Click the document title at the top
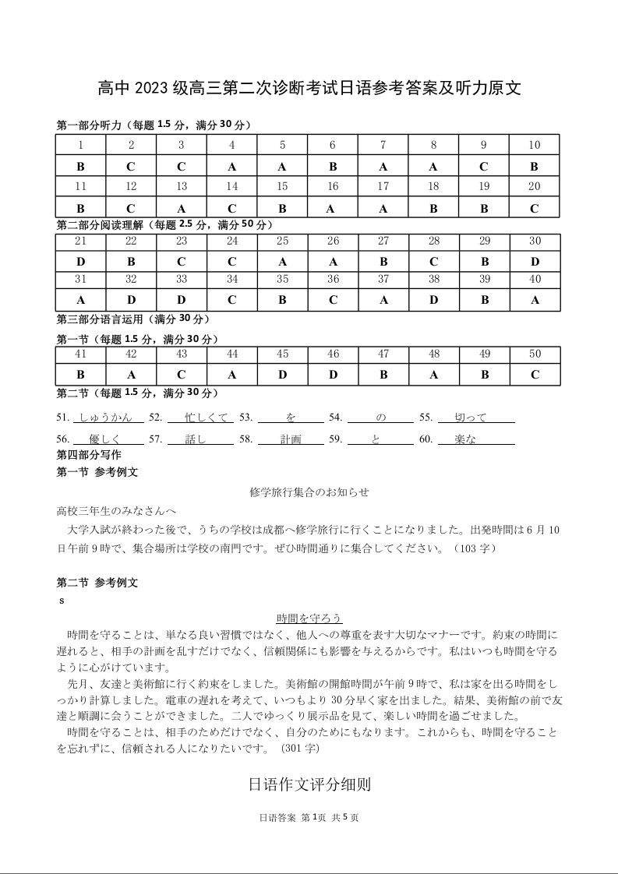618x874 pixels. pyautogui.click(x=309, y=89)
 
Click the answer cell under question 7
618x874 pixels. pyautogui.click(x=383, y=166)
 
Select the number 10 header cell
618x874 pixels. pyautogui.click(x=534, y=145)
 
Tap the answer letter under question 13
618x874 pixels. pyautogui.click(x=182, y=208)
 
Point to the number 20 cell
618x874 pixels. pyautogui.click(x=534, y=187)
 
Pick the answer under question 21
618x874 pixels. pyautogui.click(x=80, y=263)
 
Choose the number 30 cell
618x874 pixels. pyautogui.click(x=535, y=241)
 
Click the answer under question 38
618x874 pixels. pyautogui.click(x=433, y=300)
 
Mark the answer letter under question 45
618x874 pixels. pyautogui.click(x=282, y=375)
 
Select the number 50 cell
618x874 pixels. pyautogui.click(x=535, y=354)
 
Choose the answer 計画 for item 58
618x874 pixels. pyautogui.click(x=291, y=439)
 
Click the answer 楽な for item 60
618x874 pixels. pyautogui.click(x=466, y=439)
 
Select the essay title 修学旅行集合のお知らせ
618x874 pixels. pyautogui.click(x=309, y=492)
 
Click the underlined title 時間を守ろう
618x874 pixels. pyautogui.click(x=309, y=618)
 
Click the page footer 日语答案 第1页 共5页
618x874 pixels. pyautogui.click(x=309, y=818)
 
